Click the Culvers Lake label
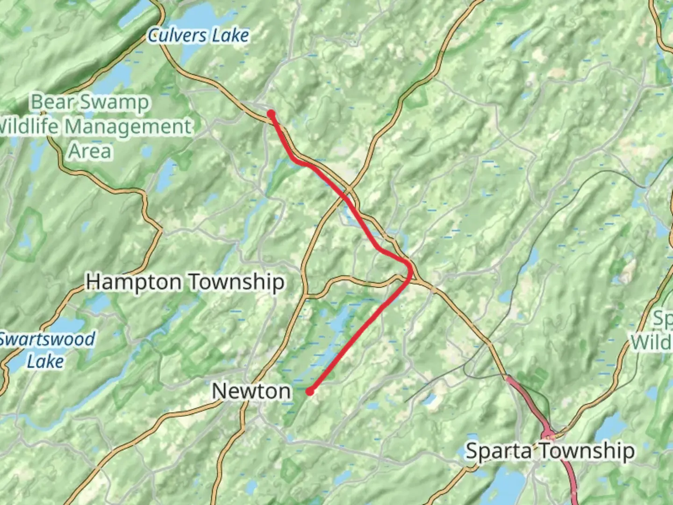(198, 36)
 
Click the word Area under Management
(90, 151)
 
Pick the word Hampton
(134, 282)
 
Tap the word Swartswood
(47, 339)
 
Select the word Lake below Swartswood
(45, 361)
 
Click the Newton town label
(251, 391)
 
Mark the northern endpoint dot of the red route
(271, 113)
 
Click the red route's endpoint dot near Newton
(309, 392)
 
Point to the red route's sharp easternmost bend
(411, 269)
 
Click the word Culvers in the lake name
(177, 36)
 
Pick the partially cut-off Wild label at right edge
(652, 342)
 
